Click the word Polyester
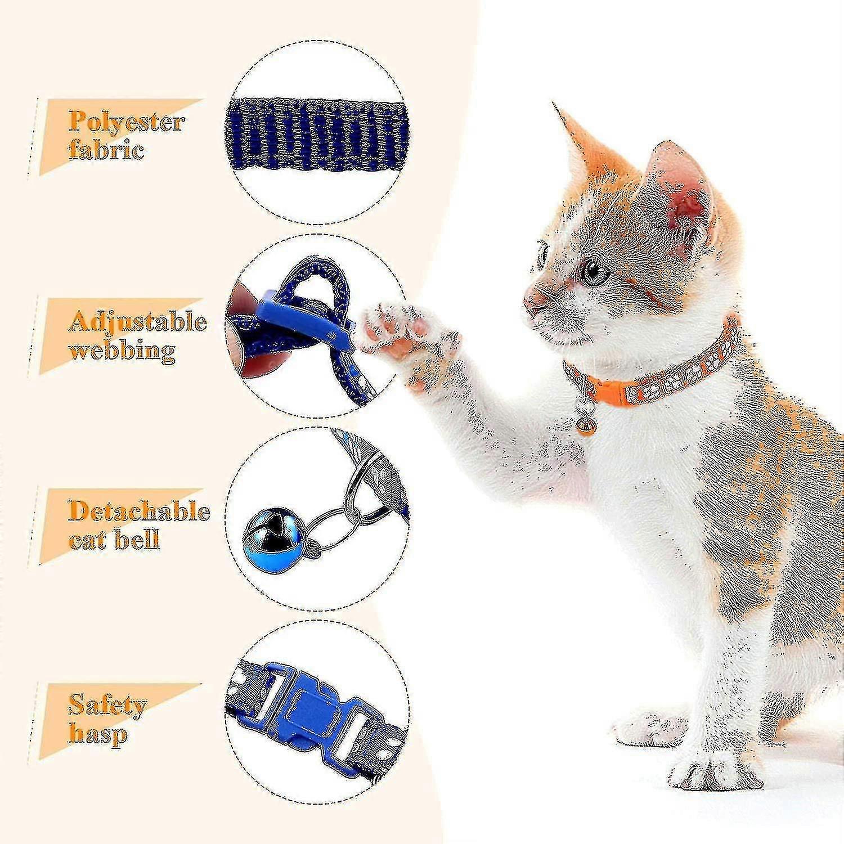click(127, 122)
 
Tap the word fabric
click(106, 150)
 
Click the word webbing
click(122, 351)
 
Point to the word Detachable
click(139, 511)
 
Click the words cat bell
click(114, 540)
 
